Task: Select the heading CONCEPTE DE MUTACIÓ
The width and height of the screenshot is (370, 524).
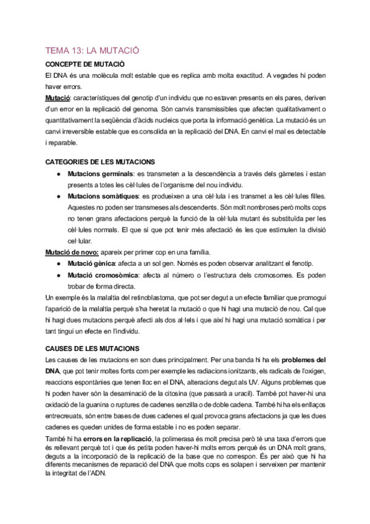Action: click(x=85, y=64)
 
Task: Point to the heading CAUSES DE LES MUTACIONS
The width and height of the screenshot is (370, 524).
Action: click(x=93, y=349)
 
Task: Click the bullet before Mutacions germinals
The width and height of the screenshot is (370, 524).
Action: click(x=57, y=174)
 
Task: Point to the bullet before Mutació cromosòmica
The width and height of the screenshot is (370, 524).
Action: click(x=57, y=274)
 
